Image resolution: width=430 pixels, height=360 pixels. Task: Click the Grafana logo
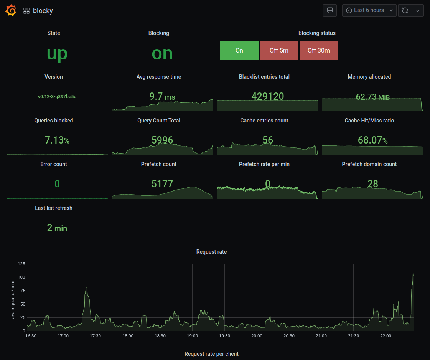11,10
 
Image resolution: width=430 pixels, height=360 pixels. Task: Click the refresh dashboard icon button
405,10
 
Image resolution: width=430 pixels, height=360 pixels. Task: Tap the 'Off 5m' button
279,50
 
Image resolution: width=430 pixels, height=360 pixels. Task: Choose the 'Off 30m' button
319,50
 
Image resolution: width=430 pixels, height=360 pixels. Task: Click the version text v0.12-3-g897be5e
57,97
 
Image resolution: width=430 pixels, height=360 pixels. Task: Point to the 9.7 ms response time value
162,96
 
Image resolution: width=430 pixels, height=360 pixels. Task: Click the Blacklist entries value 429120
267,96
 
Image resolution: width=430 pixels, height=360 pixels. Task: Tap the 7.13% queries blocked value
57,140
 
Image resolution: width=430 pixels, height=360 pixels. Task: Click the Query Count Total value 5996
162,140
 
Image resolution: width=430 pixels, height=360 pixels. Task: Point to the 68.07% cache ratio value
372,140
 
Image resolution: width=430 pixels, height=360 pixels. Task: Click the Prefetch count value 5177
162,184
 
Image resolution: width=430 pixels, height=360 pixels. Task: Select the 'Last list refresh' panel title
54,208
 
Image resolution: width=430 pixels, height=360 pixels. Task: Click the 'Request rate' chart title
211,252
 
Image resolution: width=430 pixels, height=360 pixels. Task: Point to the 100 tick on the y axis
21,277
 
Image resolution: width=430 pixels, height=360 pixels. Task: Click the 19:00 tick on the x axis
192,336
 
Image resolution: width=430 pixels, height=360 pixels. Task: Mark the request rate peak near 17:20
86,288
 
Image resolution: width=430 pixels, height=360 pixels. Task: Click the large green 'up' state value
57,53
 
